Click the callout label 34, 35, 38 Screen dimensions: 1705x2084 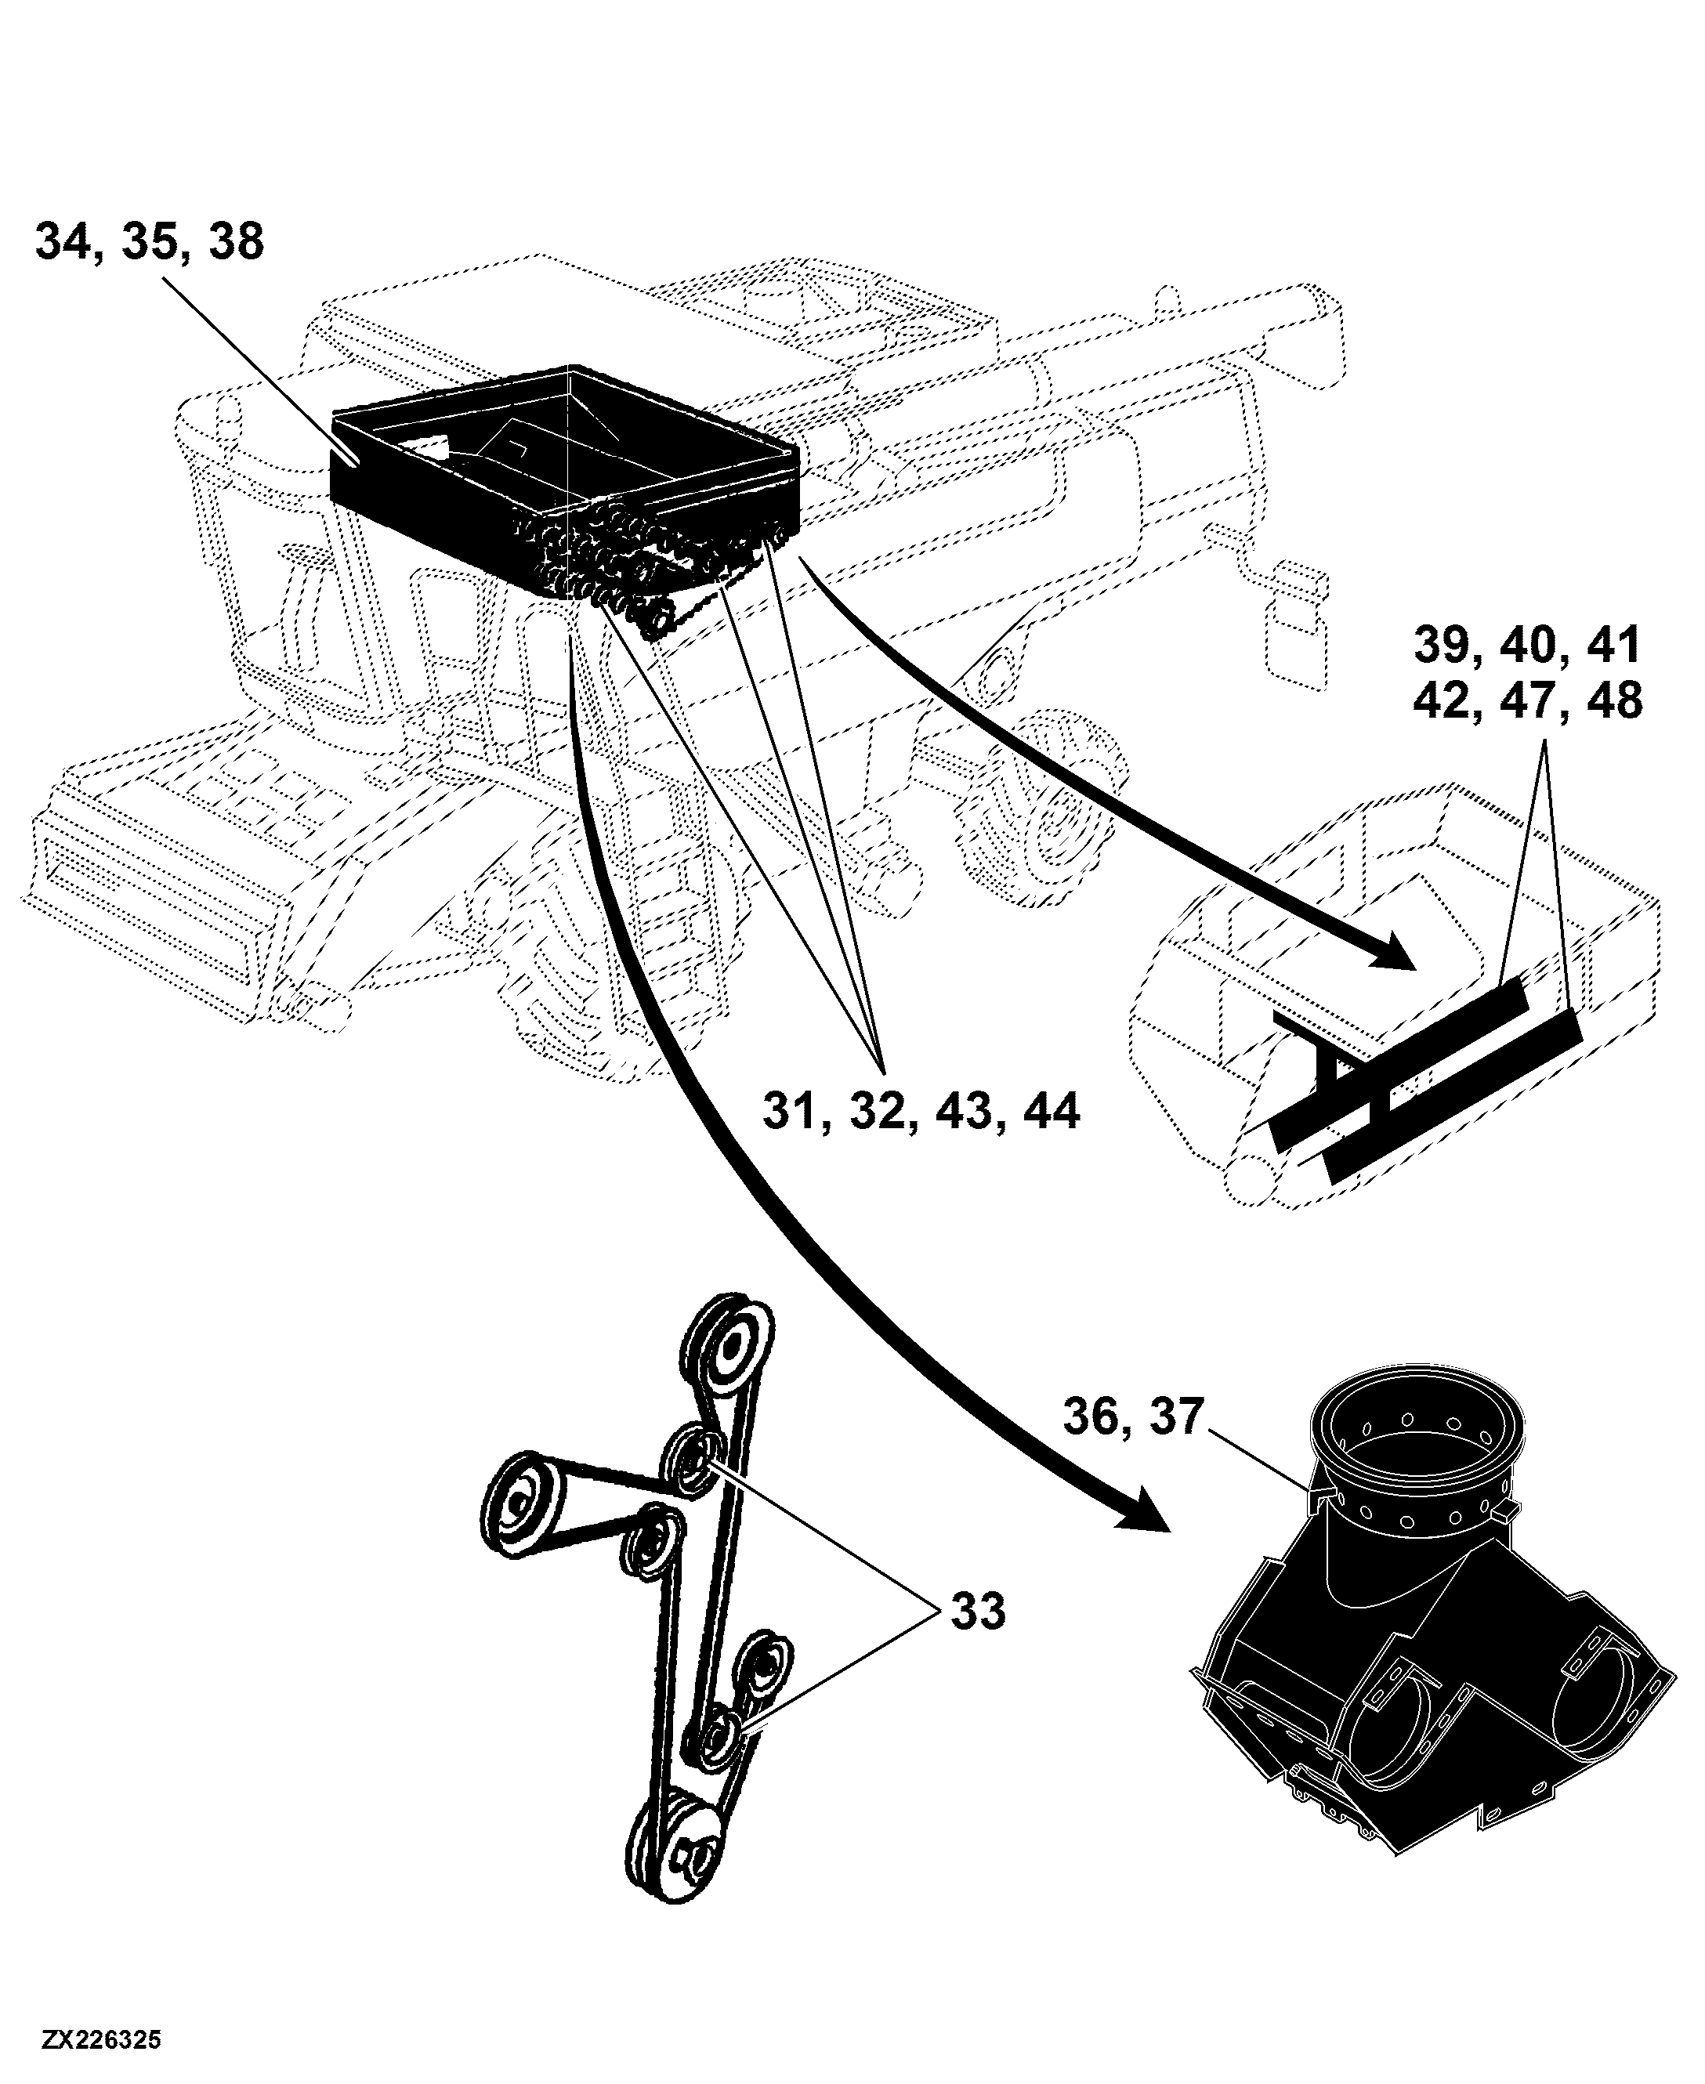point(150,241)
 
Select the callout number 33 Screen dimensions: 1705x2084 point(978,1612)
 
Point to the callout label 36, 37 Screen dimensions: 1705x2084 point(1133,1417)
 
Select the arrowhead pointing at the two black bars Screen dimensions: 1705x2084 point(1394,948)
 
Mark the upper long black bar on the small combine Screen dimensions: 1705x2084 point(1399,1062)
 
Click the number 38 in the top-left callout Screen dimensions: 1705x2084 point(236,241)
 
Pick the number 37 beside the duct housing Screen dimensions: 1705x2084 point(1175,1417)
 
